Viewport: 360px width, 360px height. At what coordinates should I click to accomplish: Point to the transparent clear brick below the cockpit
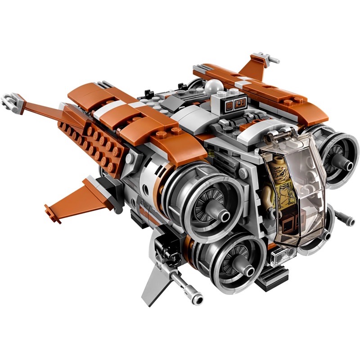click(x=280, y=257)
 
